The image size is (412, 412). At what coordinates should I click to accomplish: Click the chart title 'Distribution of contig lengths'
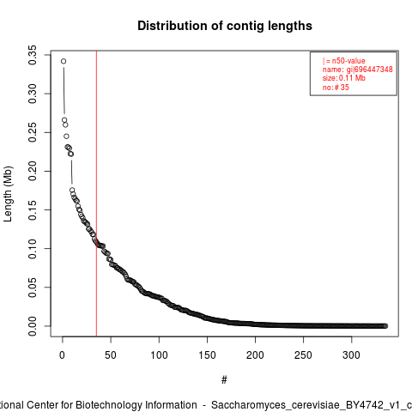(225, 26)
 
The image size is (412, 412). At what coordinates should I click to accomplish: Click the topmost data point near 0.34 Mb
(64, 61)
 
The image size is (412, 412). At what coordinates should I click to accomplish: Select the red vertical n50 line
(96, 193)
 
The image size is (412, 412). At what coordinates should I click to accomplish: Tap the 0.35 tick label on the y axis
(33, 55)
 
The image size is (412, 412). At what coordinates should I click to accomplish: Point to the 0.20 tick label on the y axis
(33, 171)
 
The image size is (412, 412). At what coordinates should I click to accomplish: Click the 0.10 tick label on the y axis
(33, 249)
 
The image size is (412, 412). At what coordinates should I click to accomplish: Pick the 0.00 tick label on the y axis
(33, 326)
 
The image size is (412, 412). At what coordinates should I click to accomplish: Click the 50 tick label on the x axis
(111, 355)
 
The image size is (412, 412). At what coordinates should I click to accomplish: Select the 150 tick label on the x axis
(207, 355)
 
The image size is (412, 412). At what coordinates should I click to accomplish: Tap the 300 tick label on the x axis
(351, 355)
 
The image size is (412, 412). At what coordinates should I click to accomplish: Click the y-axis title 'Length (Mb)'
(8, 194)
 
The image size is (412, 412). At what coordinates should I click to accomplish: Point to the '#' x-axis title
(224, 380)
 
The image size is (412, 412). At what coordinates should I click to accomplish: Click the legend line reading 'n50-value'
(348, 61)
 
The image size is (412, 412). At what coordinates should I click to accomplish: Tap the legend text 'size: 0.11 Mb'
(344, 78)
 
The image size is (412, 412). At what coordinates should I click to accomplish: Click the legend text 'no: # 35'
(336, 87)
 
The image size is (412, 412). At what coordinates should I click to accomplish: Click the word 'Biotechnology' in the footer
(108, 405)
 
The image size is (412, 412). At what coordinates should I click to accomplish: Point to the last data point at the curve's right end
(385, 326)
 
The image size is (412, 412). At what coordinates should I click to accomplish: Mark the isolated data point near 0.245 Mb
(66, 136)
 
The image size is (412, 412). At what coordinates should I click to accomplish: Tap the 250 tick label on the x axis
(303, 355)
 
